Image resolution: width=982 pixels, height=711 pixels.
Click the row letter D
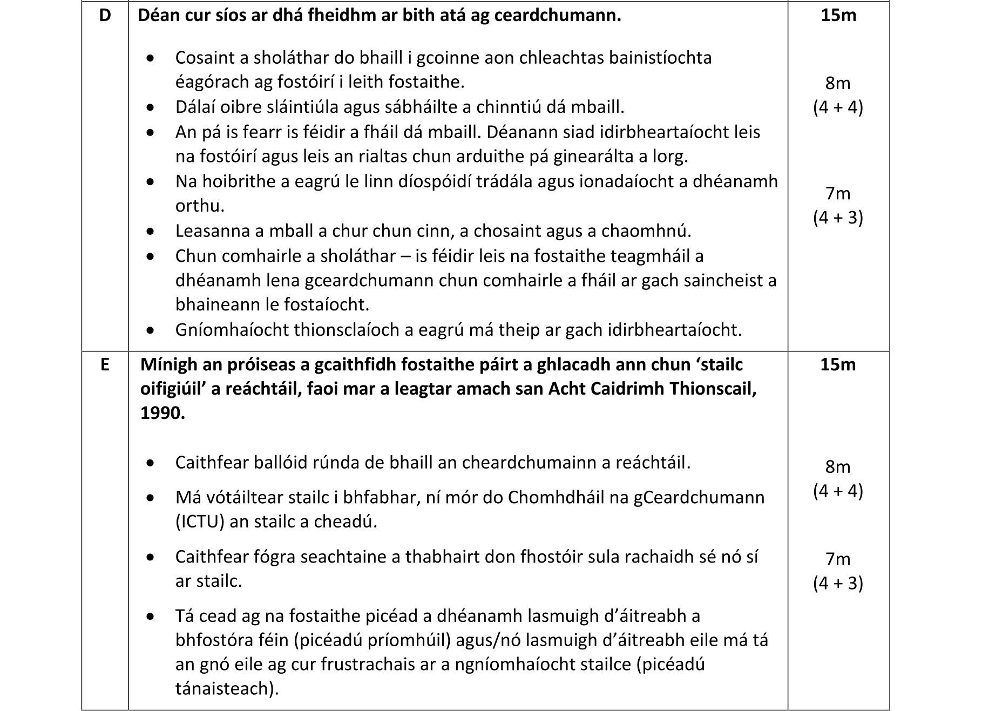pyautogui.click(x=105, y=16)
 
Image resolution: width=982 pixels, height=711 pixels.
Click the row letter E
pyautogui.click(x=105, y=365)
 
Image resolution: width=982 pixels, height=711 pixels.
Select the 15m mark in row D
pyautogui.click(x=838, y=16)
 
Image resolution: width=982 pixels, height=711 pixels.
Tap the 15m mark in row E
pyautogui.click(x=838, y=365)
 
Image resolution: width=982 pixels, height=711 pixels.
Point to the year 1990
pyautogui.click(x=162, y=413)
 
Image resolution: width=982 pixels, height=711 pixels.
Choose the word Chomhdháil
pyautogui.click(x=551, y=497)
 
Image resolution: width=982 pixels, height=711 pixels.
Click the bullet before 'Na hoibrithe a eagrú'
pyautogui.click(x=151, y=182)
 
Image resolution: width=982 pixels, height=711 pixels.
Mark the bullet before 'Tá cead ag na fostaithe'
pyautogui.click(x=151, y=617)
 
